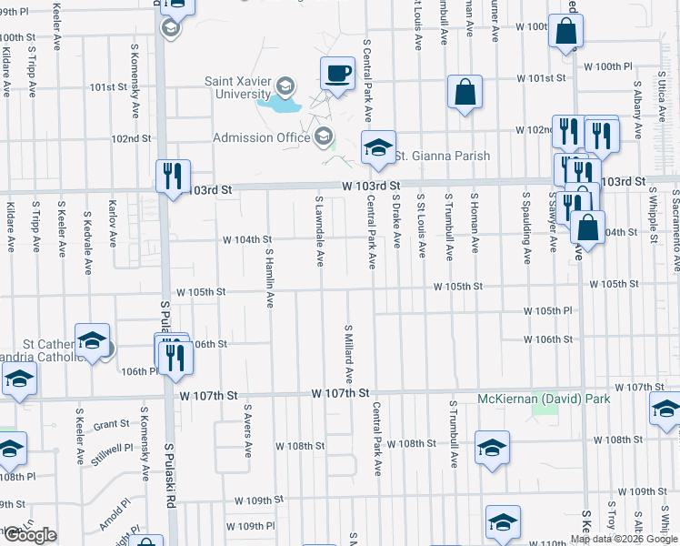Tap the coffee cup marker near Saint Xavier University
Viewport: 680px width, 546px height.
pyautogui.click(x=337, y=74)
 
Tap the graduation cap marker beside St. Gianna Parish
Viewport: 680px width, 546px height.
pyautogui.click(x=377, y=148)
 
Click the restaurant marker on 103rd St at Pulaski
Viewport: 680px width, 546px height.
pyautogui.click(x=173, y=176)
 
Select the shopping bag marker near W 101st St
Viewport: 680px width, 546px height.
pyautogui.click(x=465, y=93)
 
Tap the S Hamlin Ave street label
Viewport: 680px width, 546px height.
pyautogui.click(x=270, y=278)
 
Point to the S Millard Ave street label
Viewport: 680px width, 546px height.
pyautogui.click(x=348, y=352)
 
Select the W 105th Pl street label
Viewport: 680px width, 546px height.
pyautogui.click(x=548, y=311)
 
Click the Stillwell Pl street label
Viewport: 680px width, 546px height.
pyautogui.click(x=104, y=448)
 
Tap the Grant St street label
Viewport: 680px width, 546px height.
pyautogui.click(x=111, y=424)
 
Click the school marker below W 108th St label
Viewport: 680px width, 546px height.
pyautogui.click(x=492, y=450)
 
